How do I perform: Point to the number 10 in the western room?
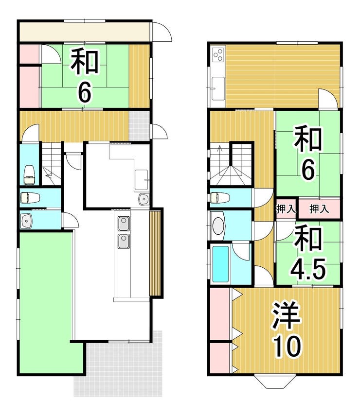click(x=288, y=345)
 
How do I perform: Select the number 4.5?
click(x=307, y=269)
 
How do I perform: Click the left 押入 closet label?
click(x=286, y=209)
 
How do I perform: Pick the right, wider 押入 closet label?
click(x=319, y=209)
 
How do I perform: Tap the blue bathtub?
click(x=220, y=264)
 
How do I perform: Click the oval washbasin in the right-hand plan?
click(x=218, y=226)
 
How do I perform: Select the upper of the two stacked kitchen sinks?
click(x=124, y=224)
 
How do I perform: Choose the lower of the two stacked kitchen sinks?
click(x=124, y=241)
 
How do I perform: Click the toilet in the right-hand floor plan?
click(x=219, y=198)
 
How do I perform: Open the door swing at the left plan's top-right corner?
click(x=162, y=32)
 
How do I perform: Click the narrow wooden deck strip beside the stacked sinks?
click(x=155, y=253)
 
